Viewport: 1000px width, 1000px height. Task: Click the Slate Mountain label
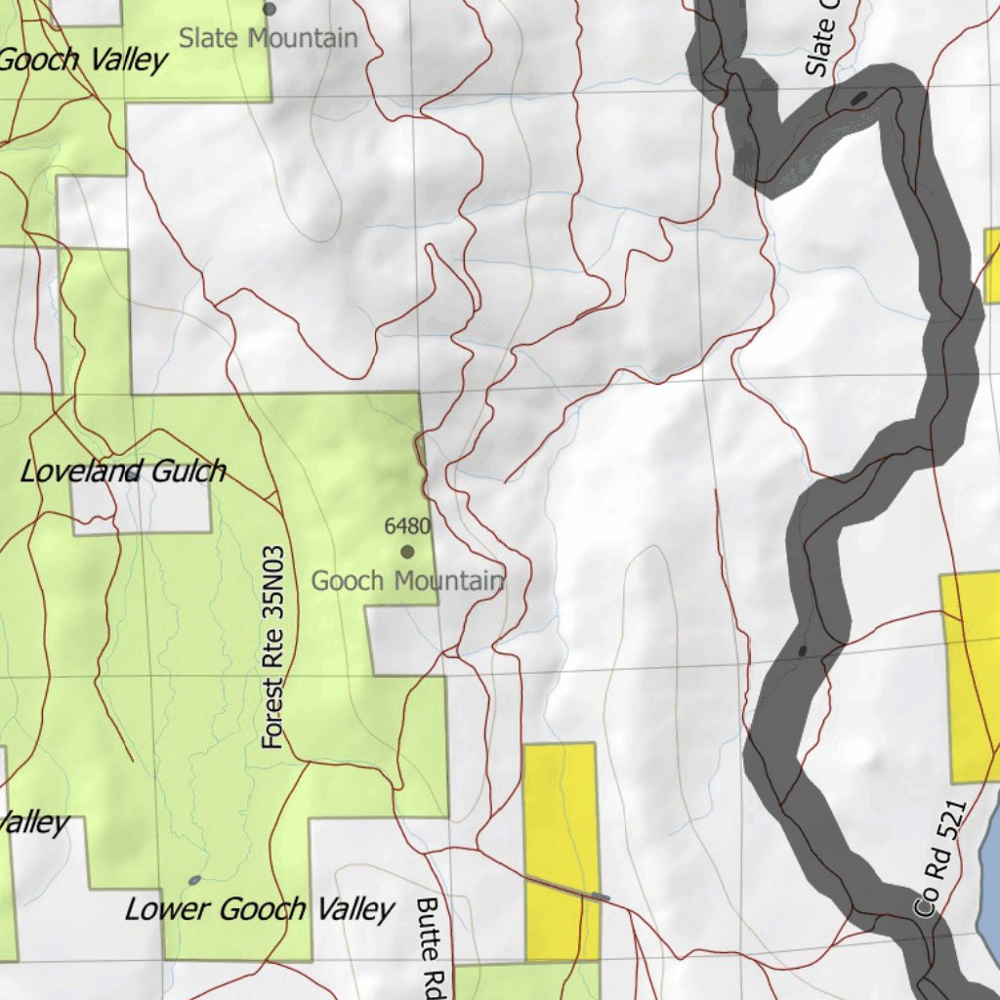269,39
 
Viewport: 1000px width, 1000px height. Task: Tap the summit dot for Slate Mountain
270,9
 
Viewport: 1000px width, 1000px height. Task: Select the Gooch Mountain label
407,581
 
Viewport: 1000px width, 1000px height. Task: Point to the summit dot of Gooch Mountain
407,552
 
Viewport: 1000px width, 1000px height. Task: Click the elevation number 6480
407,527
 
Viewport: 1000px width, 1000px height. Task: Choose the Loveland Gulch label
123,472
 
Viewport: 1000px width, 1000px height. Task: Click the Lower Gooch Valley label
259,910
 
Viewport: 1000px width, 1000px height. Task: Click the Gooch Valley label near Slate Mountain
83,61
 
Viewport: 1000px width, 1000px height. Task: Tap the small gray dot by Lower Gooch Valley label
194,881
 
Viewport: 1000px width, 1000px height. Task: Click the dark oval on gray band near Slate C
858,98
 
